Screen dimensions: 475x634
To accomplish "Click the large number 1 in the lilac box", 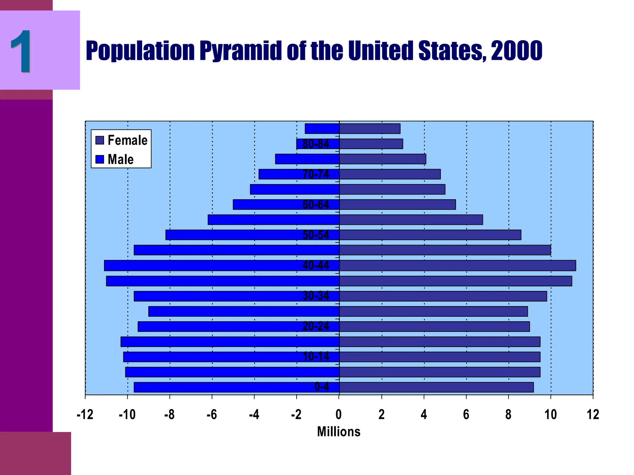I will point(21,51).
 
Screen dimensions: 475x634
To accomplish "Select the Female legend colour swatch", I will point(100,140).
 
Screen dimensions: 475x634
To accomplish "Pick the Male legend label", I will point(120,160).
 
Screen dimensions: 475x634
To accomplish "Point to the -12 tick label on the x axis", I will point(85,415).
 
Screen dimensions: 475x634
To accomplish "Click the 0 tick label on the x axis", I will point(339,415).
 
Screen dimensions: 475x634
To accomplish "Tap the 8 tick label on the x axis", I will point(508,415).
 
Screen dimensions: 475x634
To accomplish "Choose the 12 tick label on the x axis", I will point(593,415).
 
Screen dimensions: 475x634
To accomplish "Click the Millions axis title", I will point(339,432).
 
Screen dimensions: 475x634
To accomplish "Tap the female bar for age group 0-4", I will point(436,387).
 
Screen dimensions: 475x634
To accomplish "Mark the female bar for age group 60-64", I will point(397,205).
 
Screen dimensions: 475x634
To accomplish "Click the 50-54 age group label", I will point(316,235).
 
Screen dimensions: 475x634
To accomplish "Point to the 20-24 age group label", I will point(316,326).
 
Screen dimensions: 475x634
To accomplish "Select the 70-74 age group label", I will point(316,174).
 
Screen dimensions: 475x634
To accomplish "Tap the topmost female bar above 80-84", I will point(370,129).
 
